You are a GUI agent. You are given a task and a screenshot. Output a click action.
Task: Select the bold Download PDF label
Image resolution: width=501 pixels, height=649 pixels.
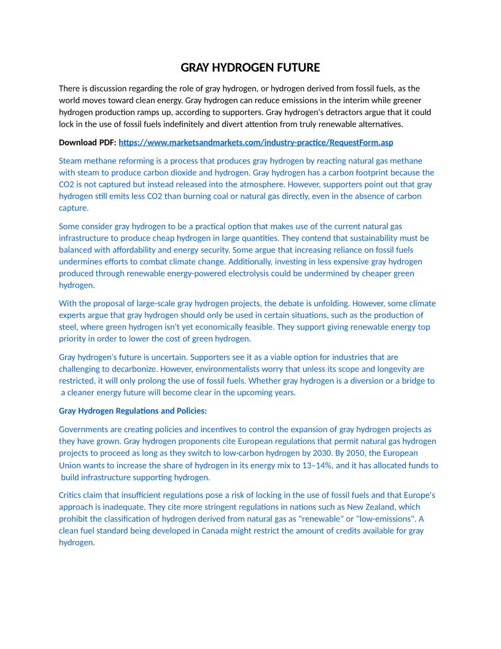[87, 143]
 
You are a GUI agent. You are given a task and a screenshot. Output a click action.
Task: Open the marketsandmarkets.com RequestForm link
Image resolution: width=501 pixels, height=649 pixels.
[255, 143]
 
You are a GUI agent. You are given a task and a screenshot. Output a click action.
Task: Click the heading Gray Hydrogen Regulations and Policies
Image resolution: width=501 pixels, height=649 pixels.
[133, 411]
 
